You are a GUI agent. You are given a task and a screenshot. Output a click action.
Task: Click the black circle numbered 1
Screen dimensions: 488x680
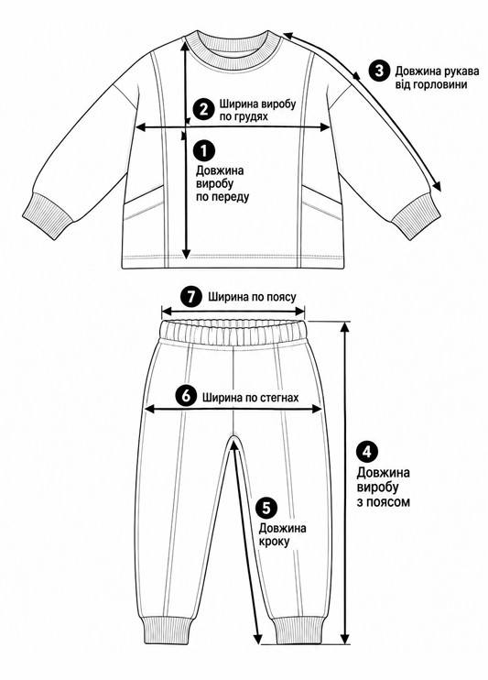pyautogui.click(x=205, y=150)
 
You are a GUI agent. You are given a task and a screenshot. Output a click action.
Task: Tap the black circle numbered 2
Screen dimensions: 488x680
pyautogui.click(x=203, y=109)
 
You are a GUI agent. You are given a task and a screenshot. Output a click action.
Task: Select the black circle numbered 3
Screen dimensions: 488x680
pyautogui.click(x=379, y=71)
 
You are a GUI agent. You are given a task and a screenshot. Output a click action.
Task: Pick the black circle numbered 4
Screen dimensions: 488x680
pyautogui.click(x=367, y=452)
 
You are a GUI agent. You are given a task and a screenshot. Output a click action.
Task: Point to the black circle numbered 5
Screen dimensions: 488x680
pyautogui.click(x=267, y=508)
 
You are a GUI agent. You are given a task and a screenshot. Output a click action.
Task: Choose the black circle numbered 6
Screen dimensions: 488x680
pyautogui.click(x=186, y=396)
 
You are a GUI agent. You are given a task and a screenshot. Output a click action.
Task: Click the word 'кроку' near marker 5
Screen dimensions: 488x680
pyautogui.click(x=274, y=543)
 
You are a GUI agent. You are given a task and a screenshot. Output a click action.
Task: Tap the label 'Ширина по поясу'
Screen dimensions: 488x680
pyautogui.click(x=252, y=298)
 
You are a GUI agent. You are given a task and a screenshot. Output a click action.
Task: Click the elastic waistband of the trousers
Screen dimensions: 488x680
pyautogui.click(x=233, y=333)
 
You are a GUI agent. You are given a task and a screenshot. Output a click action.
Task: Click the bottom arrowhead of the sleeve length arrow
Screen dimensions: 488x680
pyautogui.click(x=437, y=186)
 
